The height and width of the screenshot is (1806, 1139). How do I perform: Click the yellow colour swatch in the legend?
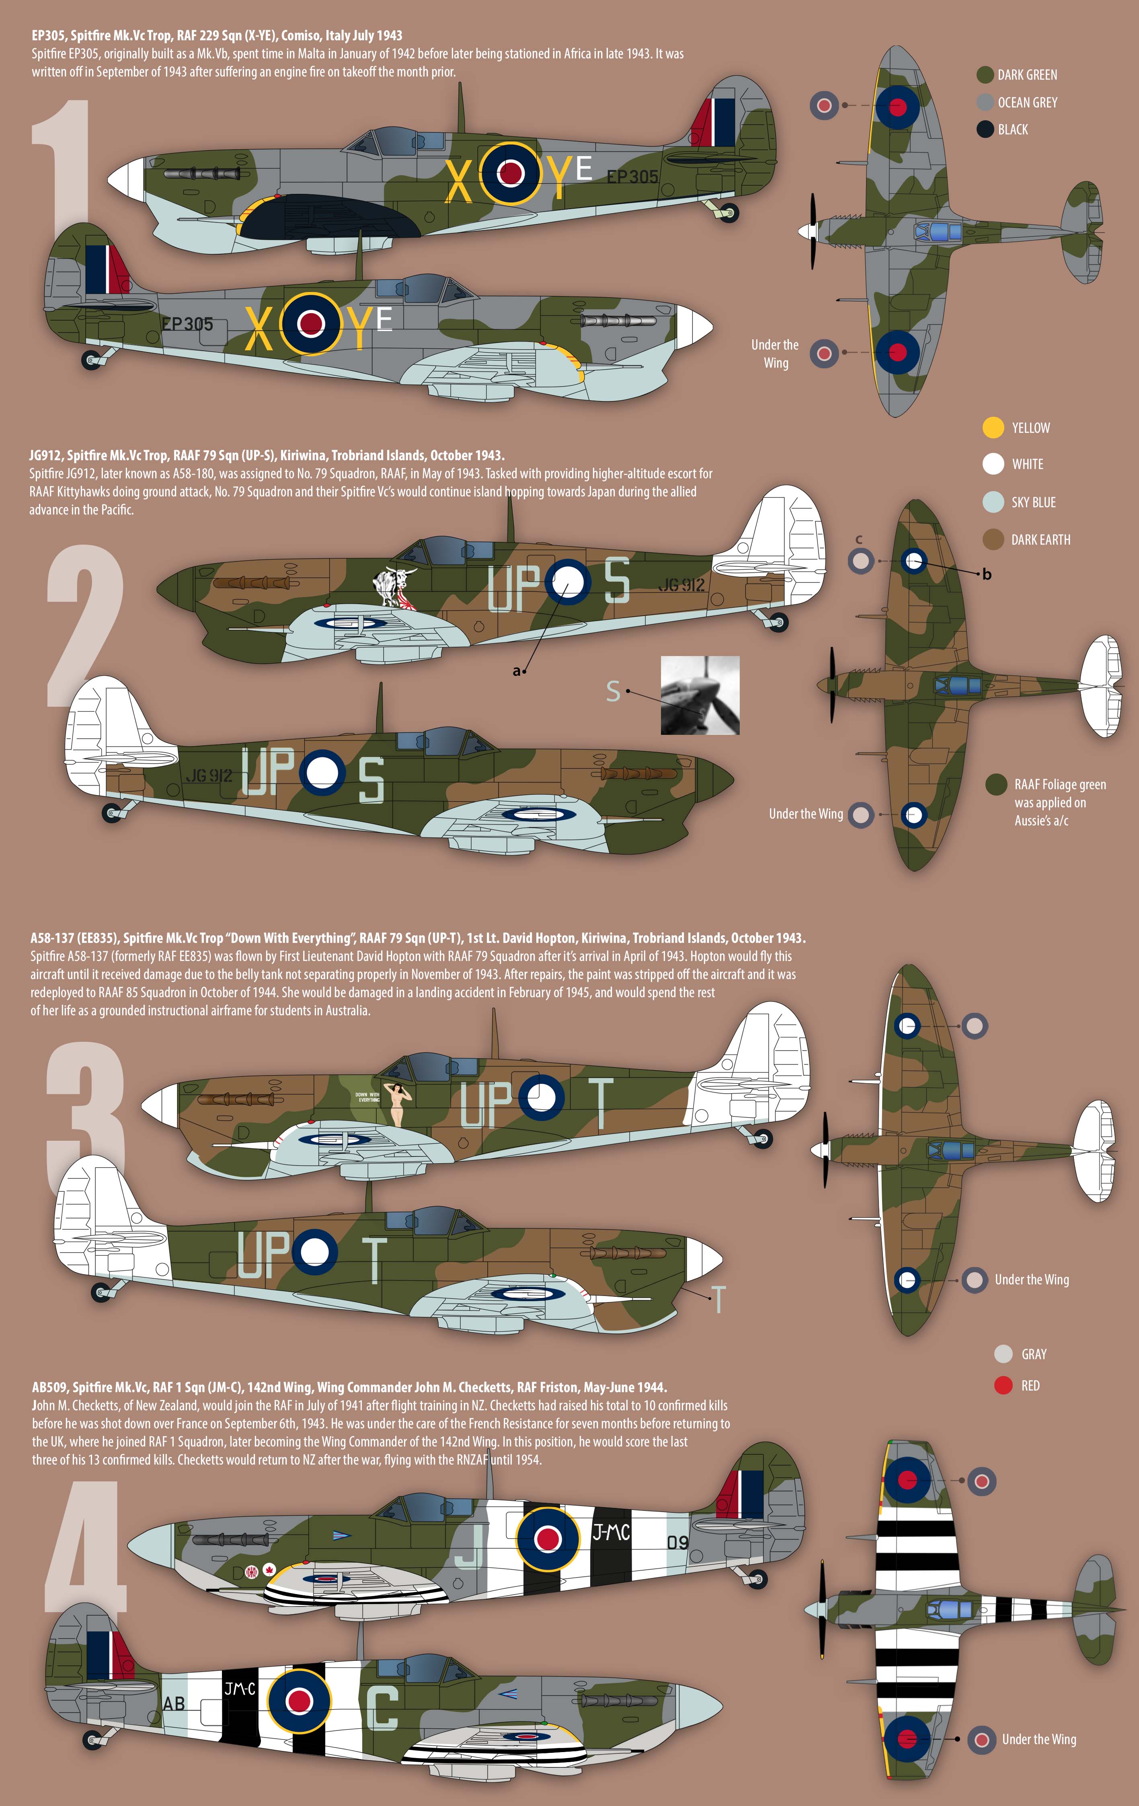pyautogui.click(x=993, y=428)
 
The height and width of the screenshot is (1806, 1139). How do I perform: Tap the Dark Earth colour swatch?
pyautogui.click(x=993, y=539)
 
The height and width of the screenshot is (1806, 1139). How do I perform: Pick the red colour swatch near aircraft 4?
pyautogui.click(x=1003, y=1385)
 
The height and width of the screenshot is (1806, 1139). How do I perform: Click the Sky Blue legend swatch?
pyautogui.click(x=993, y=502)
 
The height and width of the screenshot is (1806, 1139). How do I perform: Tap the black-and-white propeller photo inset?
pyautogui.click(x=700, y=695)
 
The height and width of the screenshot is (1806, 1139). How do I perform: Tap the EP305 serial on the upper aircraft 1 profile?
pyautogui.click(x=632, y=177)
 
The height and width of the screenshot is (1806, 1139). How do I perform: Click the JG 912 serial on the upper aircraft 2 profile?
pyautogui.click(x=681, y=585)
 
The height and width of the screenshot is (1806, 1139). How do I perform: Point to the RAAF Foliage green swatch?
pyautogui.click(x=996, y=784)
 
